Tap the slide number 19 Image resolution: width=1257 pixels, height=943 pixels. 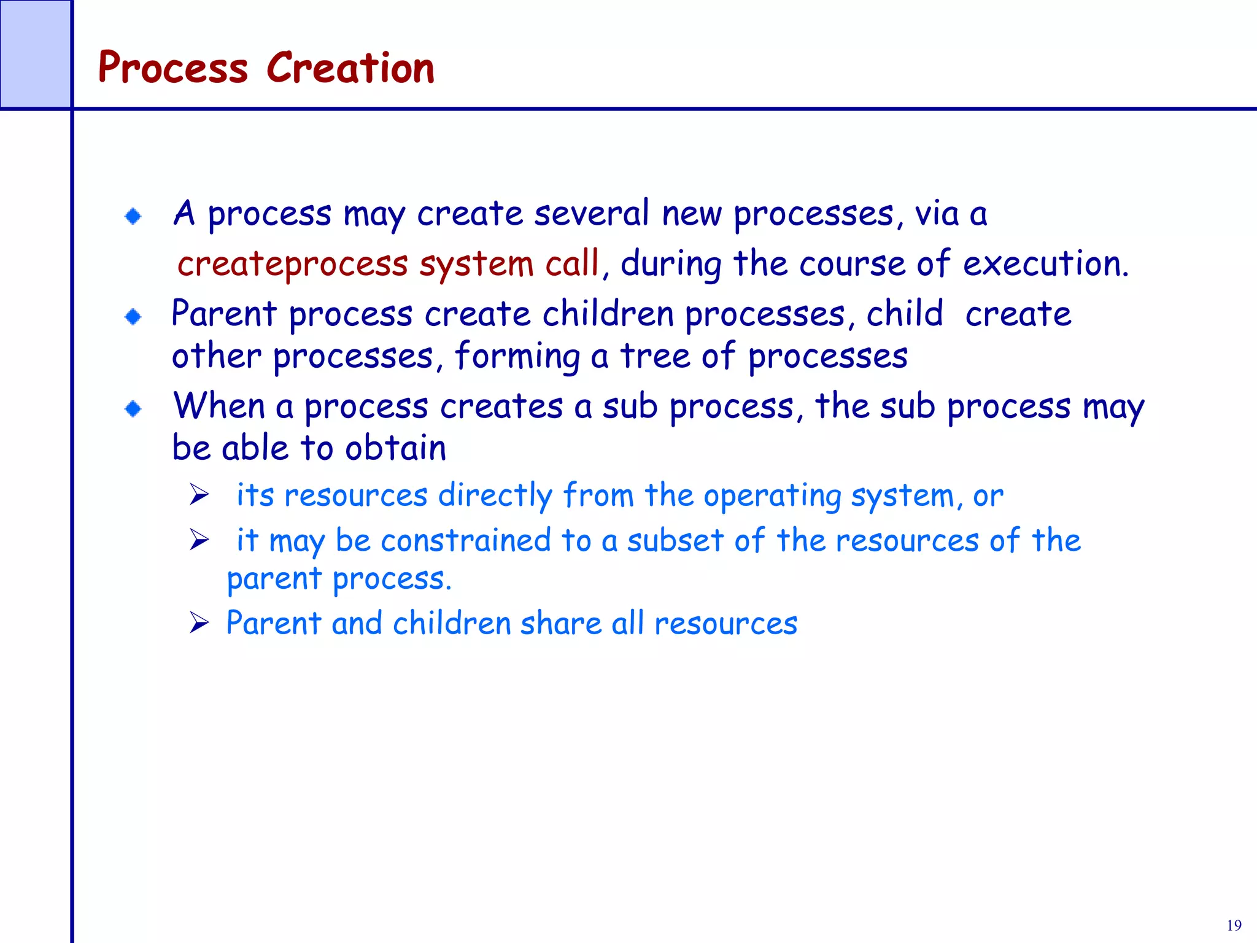[1234, 925]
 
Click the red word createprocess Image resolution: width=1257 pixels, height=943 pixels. [292, 264]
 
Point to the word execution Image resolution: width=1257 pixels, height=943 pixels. [1045, 264]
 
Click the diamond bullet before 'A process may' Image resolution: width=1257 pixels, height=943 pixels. [133, 216]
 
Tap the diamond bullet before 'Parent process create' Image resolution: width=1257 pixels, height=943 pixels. [133, 317]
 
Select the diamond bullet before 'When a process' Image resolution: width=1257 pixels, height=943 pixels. [133, 409]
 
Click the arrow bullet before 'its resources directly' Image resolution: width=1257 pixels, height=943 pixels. [199, 494]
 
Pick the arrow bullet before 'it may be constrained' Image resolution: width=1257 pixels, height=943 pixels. [199, 540]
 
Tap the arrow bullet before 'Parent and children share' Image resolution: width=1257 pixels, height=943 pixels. [199, 623]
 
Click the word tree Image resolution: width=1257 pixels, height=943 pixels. [655, 356]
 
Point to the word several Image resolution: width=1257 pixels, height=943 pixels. [591, 214]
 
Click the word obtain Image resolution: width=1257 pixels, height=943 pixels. [395, 448]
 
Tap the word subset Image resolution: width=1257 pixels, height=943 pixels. [675, 541]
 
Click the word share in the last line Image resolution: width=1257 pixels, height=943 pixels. [561, 623]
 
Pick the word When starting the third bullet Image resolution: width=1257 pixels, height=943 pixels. [219, 406]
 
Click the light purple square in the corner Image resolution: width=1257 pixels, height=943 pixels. [35, 54]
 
